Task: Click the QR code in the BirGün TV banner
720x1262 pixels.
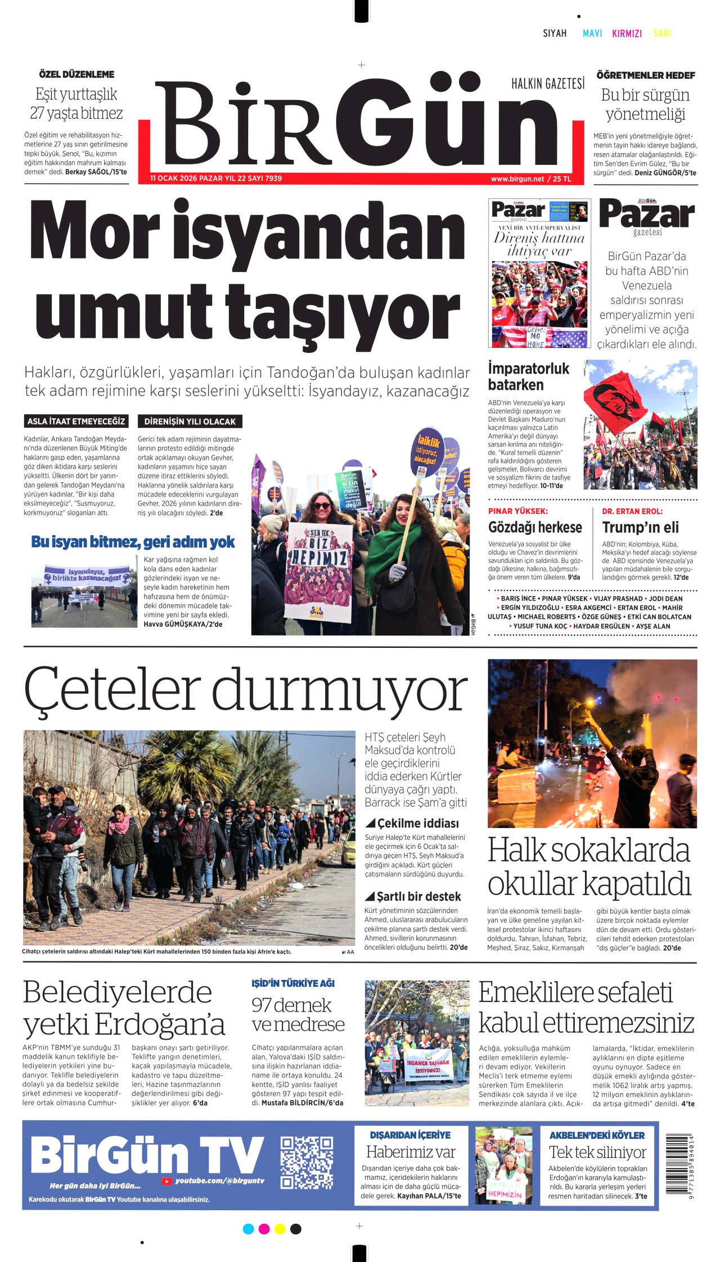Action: (307, 1162)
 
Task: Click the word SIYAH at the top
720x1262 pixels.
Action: (555, 33)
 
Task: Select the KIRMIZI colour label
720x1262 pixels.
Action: (627, 34)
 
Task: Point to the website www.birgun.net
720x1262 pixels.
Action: (517, 179)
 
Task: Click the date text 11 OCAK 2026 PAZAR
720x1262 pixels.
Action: (186, 178)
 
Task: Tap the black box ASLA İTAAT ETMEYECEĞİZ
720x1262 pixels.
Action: (76, 421)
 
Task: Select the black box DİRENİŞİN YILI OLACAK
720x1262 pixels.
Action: (190, 422)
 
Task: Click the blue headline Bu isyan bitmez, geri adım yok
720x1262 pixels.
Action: (133, 542)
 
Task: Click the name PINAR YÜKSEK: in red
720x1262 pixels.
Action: (517, 511)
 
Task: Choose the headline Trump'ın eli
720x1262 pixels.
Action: (640, 527)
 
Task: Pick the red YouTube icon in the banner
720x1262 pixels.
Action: (166, 1182)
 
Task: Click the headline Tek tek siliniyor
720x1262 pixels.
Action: (597, 1152)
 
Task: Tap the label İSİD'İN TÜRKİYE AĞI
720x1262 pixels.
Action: (292, 983)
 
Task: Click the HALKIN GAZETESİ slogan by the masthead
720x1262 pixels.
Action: (547, 84)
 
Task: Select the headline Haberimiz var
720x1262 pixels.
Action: (411, 1152)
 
